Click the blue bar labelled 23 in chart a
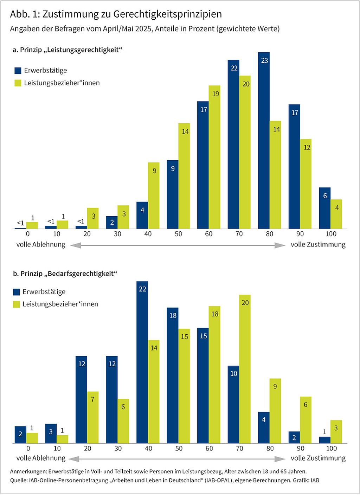264,141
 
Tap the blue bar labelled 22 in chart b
142,362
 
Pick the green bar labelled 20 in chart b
245,369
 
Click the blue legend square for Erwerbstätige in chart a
18,71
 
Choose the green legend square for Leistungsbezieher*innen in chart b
17,304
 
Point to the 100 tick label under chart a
331,234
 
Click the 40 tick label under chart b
148,449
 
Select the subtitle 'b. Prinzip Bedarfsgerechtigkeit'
65,274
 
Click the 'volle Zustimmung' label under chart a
318,245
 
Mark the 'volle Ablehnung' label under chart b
41,458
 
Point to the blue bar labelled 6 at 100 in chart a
325,208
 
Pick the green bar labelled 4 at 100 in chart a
336,214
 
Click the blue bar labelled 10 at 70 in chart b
233,404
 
